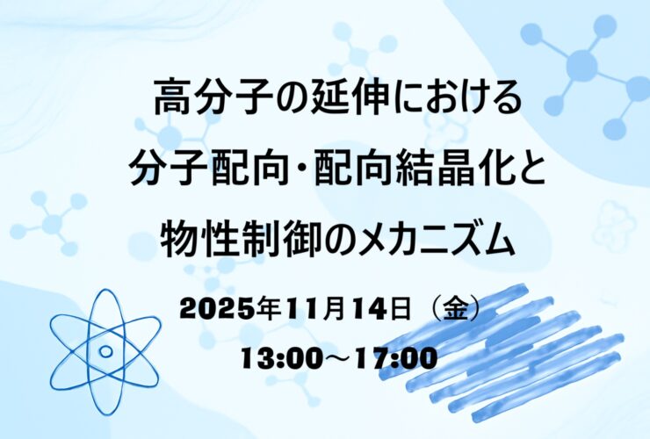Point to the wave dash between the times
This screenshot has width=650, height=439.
tap(339, 359)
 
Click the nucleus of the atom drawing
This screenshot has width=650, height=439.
tap(106, 351)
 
